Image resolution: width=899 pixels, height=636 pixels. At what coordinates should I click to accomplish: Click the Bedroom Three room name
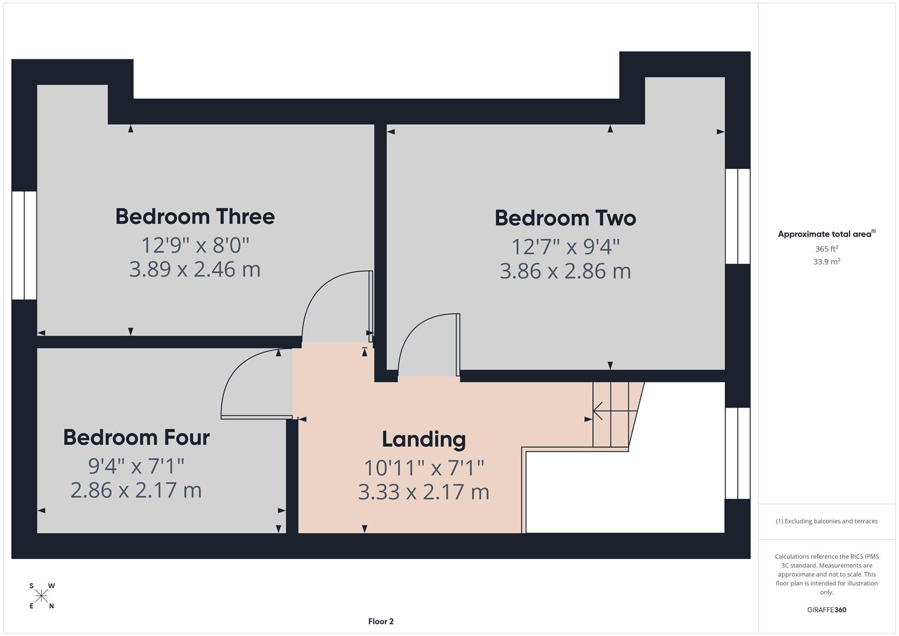(x=195, y=217)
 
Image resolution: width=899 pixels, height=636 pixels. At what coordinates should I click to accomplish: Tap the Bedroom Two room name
(x=565, y=218)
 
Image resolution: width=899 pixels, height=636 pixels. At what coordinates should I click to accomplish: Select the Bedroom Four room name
(x=136, y=438)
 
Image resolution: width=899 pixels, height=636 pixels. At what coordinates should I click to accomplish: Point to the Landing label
(x=423, y=439)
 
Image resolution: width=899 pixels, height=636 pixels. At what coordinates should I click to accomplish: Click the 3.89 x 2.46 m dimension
(x=195, y=270)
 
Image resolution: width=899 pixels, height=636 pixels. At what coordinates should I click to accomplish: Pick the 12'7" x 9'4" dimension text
(x=565, y=246)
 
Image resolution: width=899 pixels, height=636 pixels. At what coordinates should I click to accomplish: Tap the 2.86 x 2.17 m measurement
(x=136, y=491)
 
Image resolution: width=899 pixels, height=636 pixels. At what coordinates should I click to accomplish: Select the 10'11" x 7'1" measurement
(x=423, y=468)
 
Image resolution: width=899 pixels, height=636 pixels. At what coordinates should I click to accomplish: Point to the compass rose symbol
(x=41, y=596)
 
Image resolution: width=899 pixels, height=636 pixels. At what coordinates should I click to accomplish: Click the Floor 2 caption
(x=380, y=621)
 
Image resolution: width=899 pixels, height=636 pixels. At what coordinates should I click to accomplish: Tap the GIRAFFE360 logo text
(x=826, y=610)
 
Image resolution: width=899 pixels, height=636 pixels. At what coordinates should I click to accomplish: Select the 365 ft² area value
(x=826, y=249)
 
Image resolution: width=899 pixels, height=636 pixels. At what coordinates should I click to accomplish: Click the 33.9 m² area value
(x=826, y=262)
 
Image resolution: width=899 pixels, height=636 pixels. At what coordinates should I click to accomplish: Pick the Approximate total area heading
(x=826, y=234)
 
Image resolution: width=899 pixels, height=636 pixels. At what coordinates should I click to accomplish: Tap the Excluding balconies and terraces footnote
(x=826, y=521)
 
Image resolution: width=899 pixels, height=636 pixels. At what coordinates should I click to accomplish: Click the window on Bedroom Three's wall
(x=24, y=245)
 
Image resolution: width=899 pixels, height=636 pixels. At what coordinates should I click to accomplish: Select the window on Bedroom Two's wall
(x=738, y=216)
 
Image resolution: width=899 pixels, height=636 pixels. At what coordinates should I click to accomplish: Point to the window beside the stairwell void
(x=738, y=453)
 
